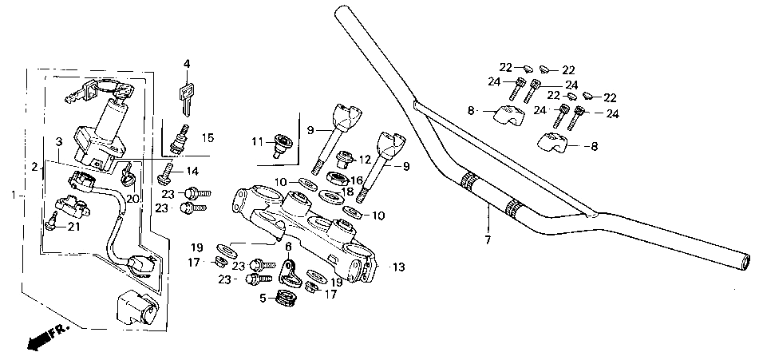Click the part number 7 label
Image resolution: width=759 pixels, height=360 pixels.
(488, 239)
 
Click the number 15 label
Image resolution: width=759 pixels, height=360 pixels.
(208, 138)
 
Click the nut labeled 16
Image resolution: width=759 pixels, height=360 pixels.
(337, 179)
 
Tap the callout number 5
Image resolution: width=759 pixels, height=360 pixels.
(263, 299)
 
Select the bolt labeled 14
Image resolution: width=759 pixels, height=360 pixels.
(165, 174)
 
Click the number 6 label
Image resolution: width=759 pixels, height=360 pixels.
(288, 247)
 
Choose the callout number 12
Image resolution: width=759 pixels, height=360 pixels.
(364, 159)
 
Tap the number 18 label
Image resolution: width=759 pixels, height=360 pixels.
(347, 191)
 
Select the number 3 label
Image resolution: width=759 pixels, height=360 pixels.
(58, 142)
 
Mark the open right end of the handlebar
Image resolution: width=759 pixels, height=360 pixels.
(745, 263)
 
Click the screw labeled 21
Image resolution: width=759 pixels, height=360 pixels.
(50, 221)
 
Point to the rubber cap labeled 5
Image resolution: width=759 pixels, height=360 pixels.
(286, 298)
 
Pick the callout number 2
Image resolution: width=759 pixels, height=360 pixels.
(34, 168)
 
